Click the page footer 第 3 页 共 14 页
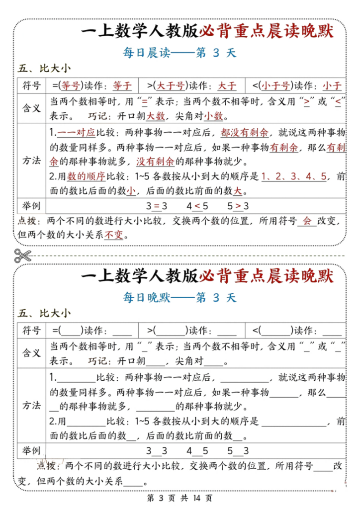(x=180, y=498)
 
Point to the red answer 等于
(x=122, y=85)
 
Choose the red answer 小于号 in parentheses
(x=276, y=85)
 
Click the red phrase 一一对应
(x=76, y=133)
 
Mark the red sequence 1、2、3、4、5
(x=294, y=176)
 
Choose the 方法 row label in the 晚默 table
(x=32, y=405)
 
